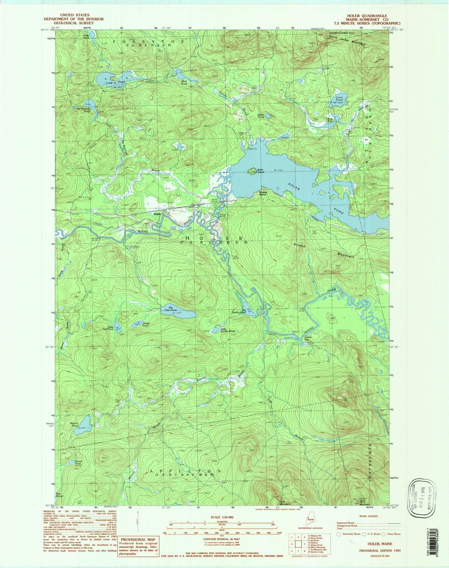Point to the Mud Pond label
point(184,82)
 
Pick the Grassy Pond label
point(146,324)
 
